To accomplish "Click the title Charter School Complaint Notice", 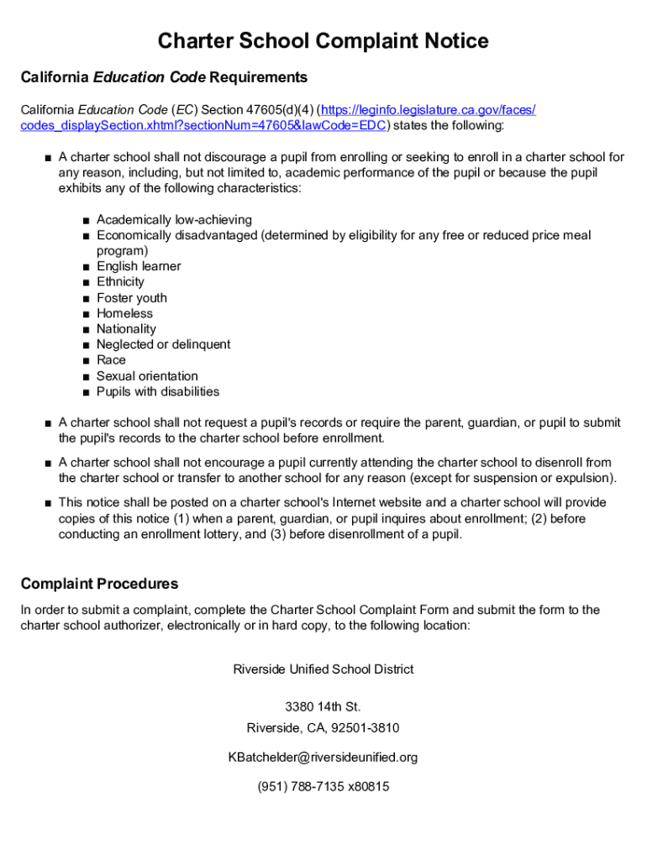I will tap(323, 41).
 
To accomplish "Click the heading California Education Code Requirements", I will tap(164, 77).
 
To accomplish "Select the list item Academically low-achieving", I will tap(174, 220).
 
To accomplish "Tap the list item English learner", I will tap(139, 266).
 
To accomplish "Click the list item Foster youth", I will tap(132, 298).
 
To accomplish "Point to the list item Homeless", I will tap(125, 313).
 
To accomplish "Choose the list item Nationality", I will tap(126, 329).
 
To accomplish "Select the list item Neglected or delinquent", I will tap(163, 344).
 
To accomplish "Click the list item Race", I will tap(111, 360).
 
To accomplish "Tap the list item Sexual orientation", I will tap(147, 376).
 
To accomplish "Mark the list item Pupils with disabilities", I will tap(158, 391).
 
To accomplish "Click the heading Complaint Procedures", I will tap(99, 584).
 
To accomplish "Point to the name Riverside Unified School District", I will tap(323, 669).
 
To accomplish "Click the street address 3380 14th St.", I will tap(323, 707).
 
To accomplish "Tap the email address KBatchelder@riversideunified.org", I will tap(323, 758).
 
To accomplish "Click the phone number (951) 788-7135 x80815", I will tap(323, 787).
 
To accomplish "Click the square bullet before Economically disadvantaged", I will tap(87, 236).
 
